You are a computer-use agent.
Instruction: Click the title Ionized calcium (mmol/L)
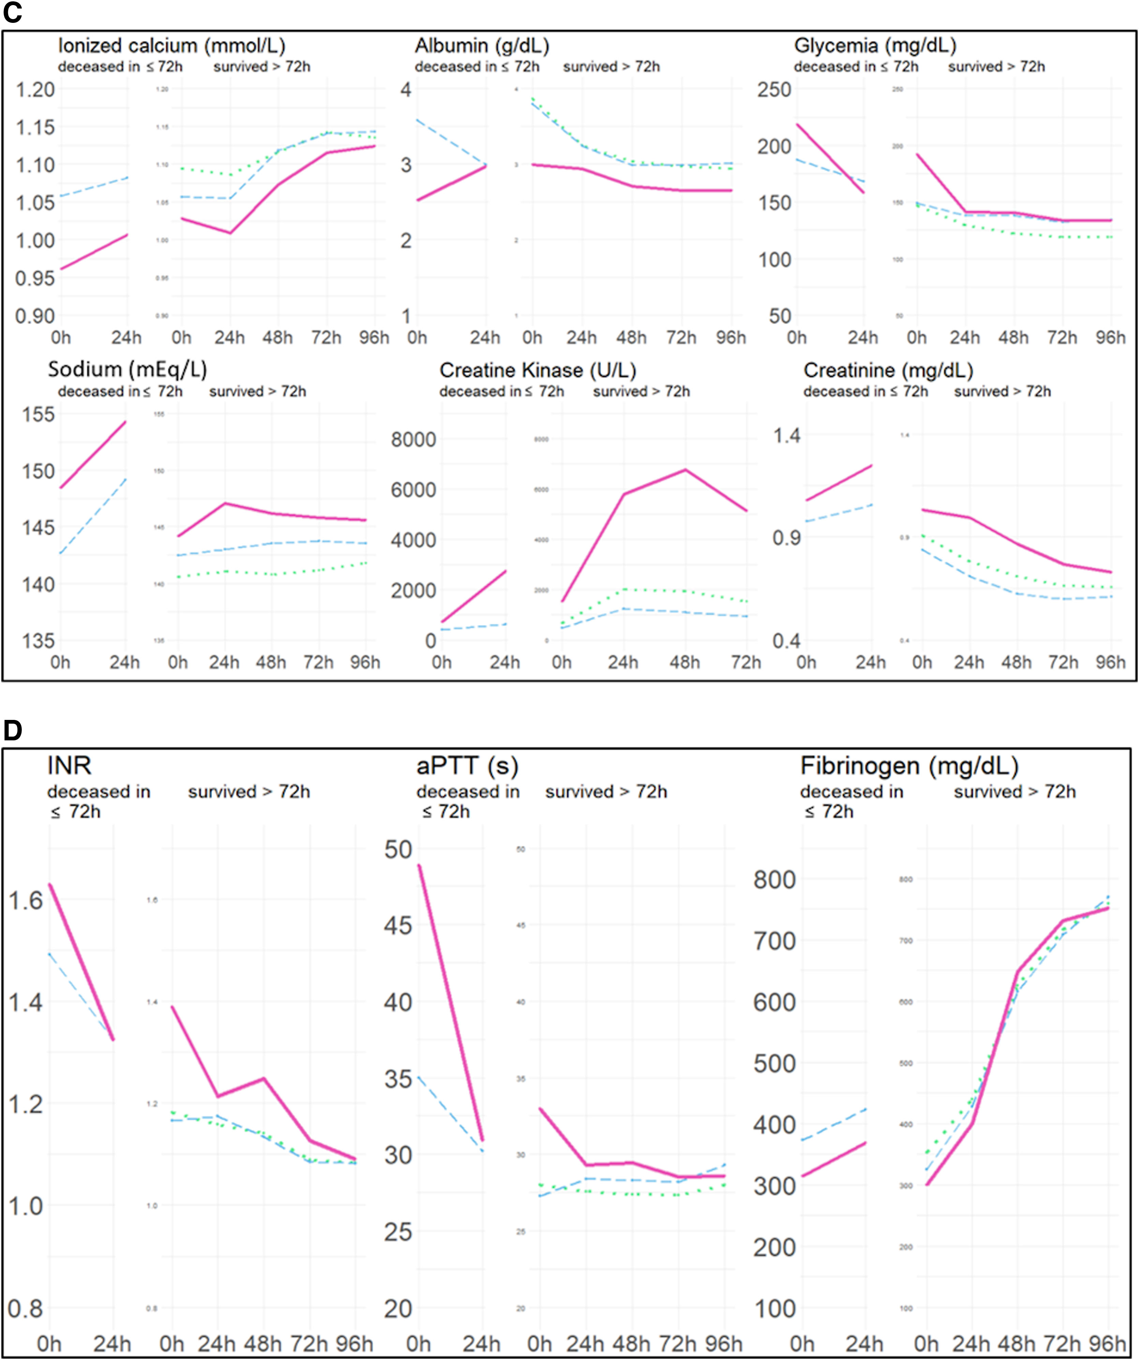click(x=171, y=45)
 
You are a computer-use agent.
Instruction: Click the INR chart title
click(x=69, y=766)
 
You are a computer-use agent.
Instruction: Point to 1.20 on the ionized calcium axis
click(x=35, y=89)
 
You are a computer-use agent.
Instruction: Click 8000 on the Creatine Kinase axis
click(x=413, y=440)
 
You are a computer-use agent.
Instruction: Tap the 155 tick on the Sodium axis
click(x=39, y=414)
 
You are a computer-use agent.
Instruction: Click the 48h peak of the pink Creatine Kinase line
click(x=685, y=470)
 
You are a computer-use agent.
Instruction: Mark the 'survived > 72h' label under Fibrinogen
click(x=1015, y=792)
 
